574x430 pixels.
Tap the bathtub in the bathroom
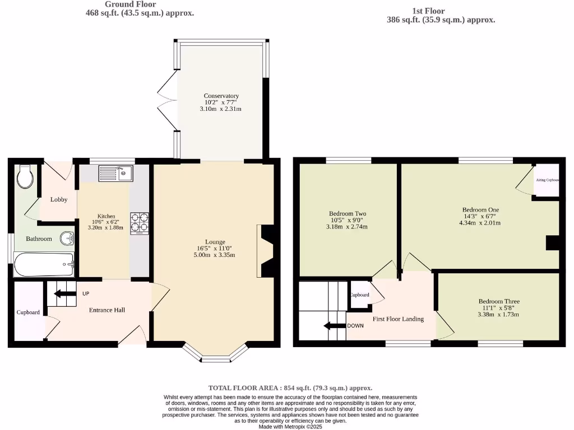coord(44,264)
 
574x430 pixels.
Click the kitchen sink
coord(115,174)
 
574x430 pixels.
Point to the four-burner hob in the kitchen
coord(140,223)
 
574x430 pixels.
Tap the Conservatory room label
coord(221,96)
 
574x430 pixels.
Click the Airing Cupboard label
coord(547,180)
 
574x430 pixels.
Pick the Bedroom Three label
coord(498,300)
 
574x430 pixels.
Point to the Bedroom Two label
coord(347,213)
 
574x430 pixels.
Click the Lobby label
coord(59,199)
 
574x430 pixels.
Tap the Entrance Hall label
coord(107,310)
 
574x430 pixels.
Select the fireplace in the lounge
coord(265,251)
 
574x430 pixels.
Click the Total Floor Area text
coord(290,387)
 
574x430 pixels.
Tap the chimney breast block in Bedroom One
coord(553,242)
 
